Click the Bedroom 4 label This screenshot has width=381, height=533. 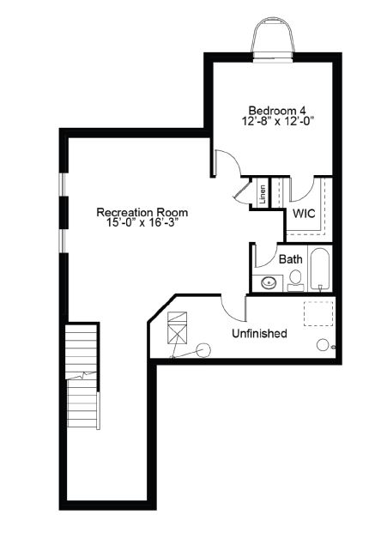click(277, 111)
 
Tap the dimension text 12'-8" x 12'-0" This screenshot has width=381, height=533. click(277, 121)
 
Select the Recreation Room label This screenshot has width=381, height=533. click(142, 213)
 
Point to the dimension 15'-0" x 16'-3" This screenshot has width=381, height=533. click(142, 223)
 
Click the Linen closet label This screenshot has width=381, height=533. click(263, 195)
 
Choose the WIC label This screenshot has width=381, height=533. click(304, 214)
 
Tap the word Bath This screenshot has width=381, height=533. click(291, 259)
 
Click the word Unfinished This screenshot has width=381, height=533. click(259, 334)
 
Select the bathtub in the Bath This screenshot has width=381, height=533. click(320, 269)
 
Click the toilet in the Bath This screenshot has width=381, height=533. click(296, 281)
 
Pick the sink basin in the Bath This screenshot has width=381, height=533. click(269, 282)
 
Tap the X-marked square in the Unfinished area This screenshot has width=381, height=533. click(178, 335)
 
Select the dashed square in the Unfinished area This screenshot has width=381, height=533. click(318, 314)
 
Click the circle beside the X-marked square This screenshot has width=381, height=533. click(203, 350)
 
